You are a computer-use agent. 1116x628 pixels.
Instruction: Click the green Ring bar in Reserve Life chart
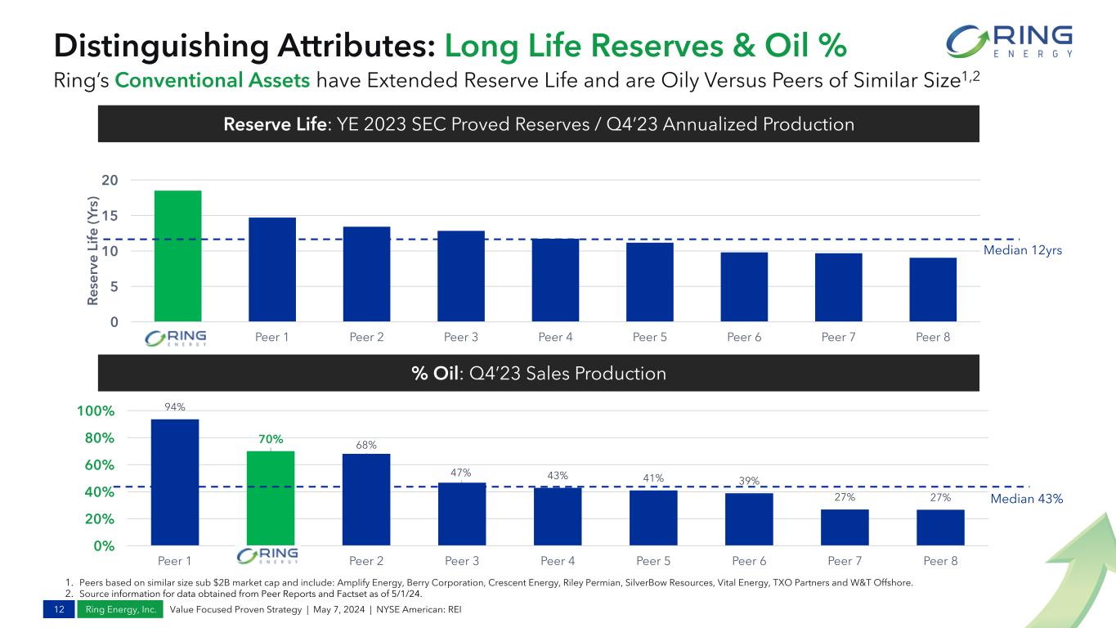(x=177, y=256)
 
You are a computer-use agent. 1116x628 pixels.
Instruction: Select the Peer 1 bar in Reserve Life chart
(x=272, y=269)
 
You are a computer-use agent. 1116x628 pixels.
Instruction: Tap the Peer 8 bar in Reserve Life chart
(x=933, y=289)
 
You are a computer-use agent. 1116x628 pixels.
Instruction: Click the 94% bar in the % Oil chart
(x=175, y=482)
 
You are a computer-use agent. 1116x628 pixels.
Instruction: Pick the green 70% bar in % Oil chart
(x=271, y=497)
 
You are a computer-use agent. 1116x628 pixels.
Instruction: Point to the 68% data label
(x=366, y=445)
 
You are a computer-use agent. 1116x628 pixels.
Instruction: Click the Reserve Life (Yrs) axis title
(x=96, y=251)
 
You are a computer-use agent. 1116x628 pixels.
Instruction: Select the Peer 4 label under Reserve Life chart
(x=555, y=338)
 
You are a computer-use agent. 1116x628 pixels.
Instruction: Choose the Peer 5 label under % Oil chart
(x=653, y=561)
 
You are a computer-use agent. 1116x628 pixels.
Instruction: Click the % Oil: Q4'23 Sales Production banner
(x=539, y=374)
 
